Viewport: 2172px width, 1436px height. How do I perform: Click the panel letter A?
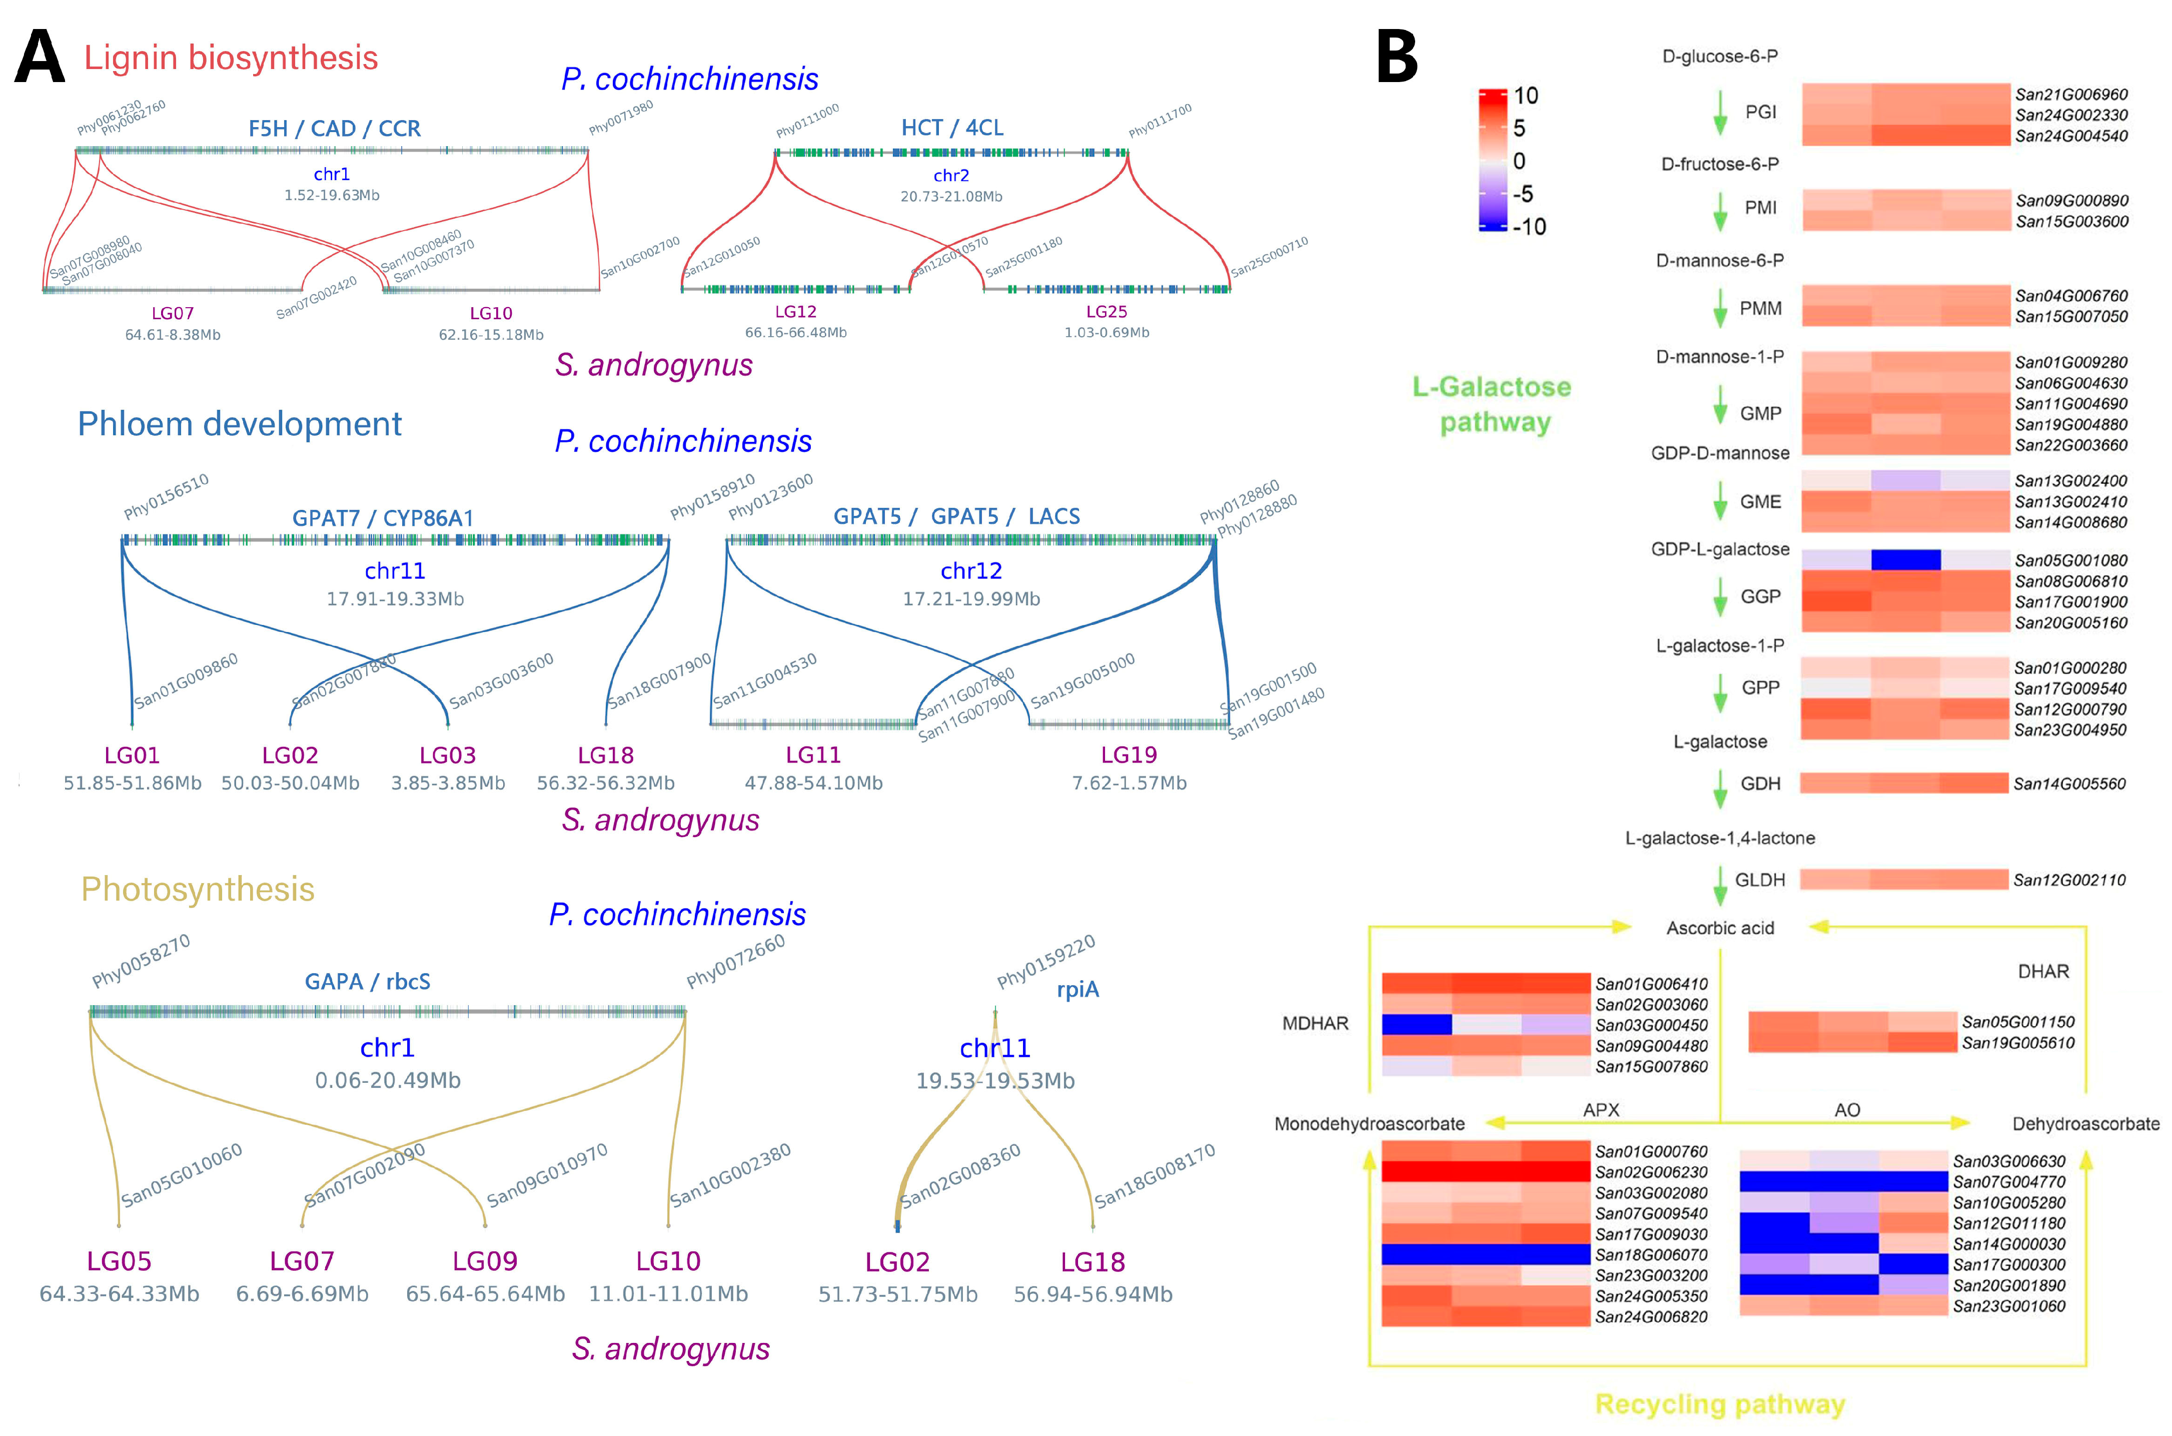click(40, 58)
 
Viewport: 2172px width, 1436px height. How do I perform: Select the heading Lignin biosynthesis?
click(231, 58)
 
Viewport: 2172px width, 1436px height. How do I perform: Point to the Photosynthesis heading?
click(198, 889)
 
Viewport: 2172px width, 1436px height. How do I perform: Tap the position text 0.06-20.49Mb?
click(387, 1081)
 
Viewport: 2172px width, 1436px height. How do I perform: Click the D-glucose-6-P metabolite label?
click(1720, 57)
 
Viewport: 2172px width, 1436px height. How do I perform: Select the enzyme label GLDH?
click(1760, 880)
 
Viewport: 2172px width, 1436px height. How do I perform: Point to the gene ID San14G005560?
click(2069, 784)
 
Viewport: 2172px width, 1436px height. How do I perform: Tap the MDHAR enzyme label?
click(1315, 1024)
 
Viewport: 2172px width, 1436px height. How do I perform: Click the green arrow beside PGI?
click(1720, 113)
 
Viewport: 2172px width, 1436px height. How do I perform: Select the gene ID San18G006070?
click(1651, 1255)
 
